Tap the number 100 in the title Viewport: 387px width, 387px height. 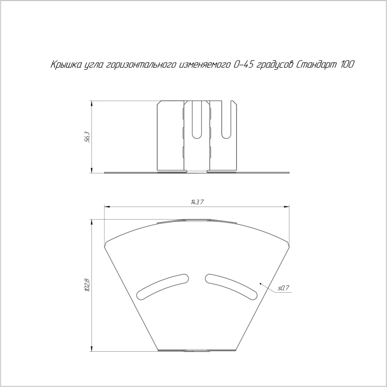pyautogui.click(x=348, y=64)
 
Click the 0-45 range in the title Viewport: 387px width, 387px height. pyautogui.click(x=244, y=64)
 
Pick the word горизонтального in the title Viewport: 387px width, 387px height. pyautogui.click(x=141, y=65)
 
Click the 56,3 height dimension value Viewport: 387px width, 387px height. pyautogui.click(x=88, y=137)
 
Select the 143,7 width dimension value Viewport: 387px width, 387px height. pyautogui.click(x=197, y=202)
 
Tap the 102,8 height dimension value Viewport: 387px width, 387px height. pyautogui.click(x=88, y=285)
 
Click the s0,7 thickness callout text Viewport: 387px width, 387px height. pyautogui.click(x=283, y=288)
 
